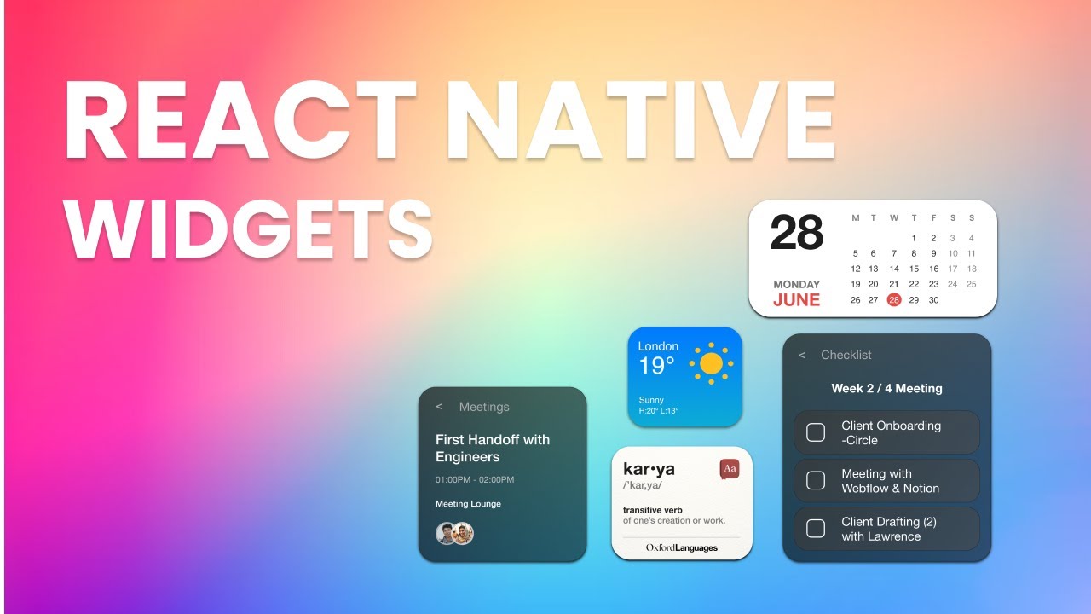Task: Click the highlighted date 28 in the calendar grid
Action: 893,300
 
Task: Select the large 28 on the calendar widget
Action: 797,234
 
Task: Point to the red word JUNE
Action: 796,300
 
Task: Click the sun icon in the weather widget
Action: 711,364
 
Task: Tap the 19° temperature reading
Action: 657,367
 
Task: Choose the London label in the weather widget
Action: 658,346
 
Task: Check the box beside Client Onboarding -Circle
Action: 816,432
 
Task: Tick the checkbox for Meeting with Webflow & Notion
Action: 816,481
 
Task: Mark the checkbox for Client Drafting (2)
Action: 816,529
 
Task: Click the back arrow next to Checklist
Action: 801,356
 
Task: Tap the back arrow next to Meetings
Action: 439,407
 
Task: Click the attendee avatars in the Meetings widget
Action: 454,534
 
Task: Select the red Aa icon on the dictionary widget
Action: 729,469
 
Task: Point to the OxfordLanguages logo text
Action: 681,547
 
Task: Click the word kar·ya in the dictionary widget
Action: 649,468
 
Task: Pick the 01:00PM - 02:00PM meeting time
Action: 475,479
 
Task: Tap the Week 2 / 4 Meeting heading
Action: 886,388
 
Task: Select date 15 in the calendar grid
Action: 915,269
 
